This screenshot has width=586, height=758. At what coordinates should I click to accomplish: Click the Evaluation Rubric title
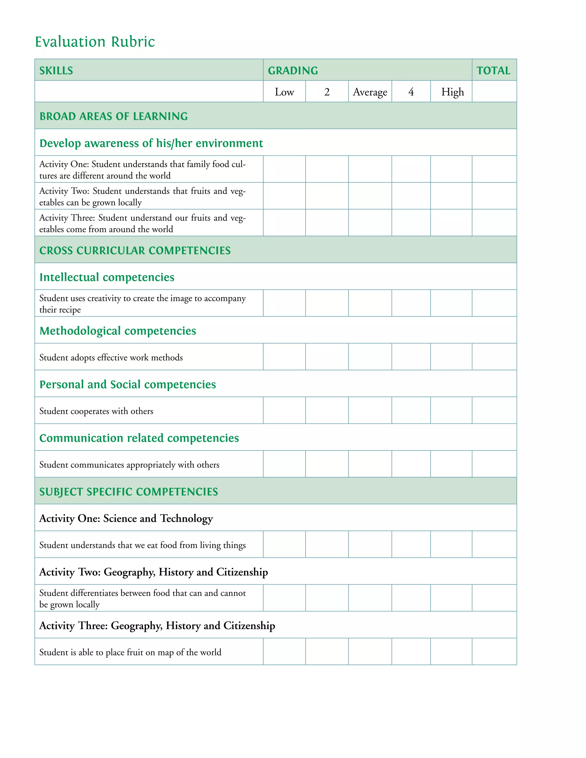(95, 42)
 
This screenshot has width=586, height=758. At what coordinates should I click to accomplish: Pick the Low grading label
(284, 92)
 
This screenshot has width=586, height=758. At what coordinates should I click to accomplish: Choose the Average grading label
(370, 92)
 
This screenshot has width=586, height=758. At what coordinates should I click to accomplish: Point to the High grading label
(452, 92)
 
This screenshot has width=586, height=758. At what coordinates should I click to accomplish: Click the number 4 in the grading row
(411, 92)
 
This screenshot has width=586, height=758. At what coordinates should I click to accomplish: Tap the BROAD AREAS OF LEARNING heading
(114, 116)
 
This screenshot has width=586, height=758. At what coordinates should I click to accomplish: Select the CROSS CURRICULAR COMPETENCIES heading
(135, 251)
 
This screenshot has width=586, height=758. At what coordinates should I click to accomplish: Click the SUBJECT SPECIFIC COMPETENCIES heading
(128, 491)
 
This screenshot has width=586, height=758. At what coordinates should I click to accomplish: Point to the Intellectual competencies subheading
(107, 277)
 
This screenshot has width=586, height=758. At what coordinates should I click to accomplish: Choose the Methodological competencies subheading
(118, 331)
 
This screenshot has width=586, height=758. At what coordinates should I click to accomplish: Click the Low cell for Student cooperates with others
(284, 410)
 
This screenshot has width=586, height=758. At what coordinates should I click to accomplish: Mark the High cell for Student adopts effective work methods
(451, 357)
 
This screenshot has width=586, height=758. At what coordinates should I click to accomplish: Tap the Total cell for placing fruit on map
(494, 651)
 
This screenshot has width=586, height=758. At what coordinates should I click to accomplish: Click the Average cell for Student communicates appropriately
(370, 464)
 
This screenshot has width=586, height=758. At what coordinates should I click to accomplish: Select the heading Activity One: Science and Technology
(126, 518)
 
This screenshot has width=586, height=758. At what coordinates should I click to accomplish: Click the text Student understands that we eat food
(142, 545)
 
